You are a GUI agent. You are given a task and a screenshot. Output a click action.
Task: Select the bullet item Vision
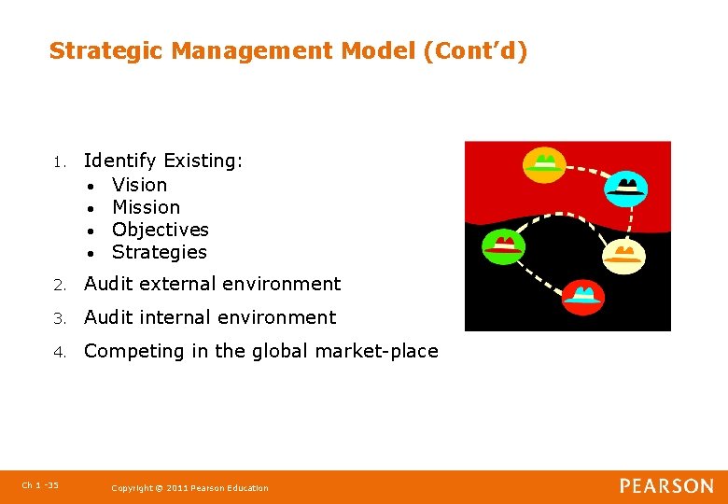139,185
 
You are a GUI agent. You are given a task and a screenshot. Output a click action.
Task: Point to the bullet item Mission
146,207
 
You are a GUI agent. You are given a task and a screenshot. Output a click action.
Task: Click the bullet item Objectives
160,230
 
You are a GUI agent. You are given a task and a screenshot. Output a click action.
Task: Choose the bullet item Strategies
159,252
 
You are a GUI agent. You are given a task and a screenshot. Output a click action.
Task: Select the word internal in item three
180,317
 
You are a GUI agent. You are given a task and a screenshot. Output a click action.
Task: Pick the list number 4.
58,352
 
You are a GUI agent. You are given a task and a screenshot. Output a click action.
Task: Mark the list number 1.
58,162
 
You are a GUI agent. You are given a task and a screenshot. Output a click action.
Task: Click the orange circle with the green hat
543,164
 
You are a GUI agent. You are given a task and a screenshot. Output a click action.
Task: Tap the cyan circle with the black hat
625,188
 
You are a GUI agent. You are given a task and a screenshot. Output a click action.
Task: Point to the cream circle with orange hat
623,255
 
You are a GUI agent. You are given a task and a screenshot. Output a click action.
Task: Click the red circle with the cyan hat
583,298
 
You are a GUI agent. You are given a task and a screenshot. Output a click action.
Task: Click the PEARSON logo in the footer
666,486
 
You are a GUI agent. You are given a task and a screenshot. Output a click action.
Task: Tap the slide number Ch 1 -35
39,485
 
